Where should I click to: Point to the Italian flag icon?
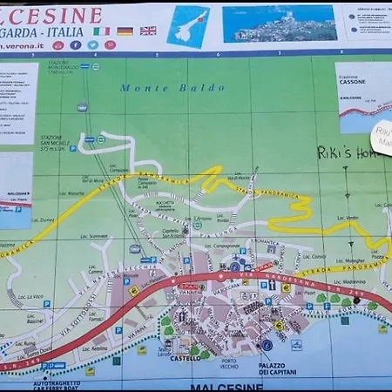[x=101, y=30]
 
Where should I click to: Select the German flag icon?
[x=125, y=30]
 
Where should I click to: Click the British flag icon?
[x=148, y=30]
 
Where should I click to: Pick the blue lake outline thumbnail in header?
[x=188, y=24]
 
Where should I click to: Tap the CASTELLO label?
[x=186, y=357]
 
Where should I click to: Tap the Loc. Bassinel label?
[x=36, y=321]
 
